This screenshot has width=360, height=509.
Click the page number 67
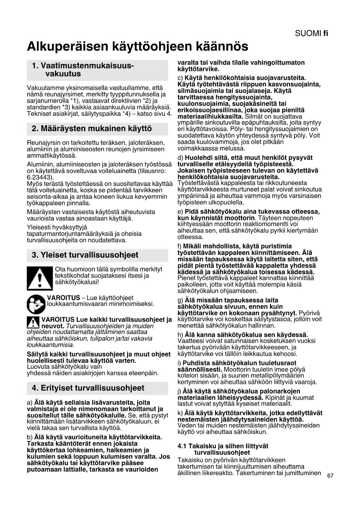click(330, 476)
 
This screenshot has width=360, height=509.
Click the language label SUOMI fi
click(311, 33)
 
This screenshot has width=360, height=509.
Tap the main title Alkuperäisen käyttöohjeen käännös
click(138, 46)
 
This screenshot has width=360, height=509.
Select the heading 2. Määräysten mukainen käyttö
click(92, 129)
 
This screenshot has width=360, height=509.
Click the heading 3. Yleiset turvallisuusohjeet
click(85, 255)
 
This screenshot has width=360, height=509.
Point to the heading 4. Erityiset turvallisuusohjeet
click(88, 388)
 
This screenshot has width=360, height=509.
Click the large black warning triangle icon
click(40, 278)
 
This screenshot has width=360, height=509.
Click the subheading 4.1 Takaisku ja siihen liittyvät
click(223, 446)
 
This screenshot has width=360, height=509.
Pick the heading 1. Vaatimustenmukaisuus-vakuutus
click(83, 70)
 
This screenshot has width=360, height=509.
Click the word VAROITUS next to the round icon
click(64, 298)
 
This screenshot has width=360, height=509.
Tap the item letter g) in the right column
click(180, 300)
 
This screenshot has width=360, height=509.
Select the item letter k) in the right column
click(180, 413)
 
